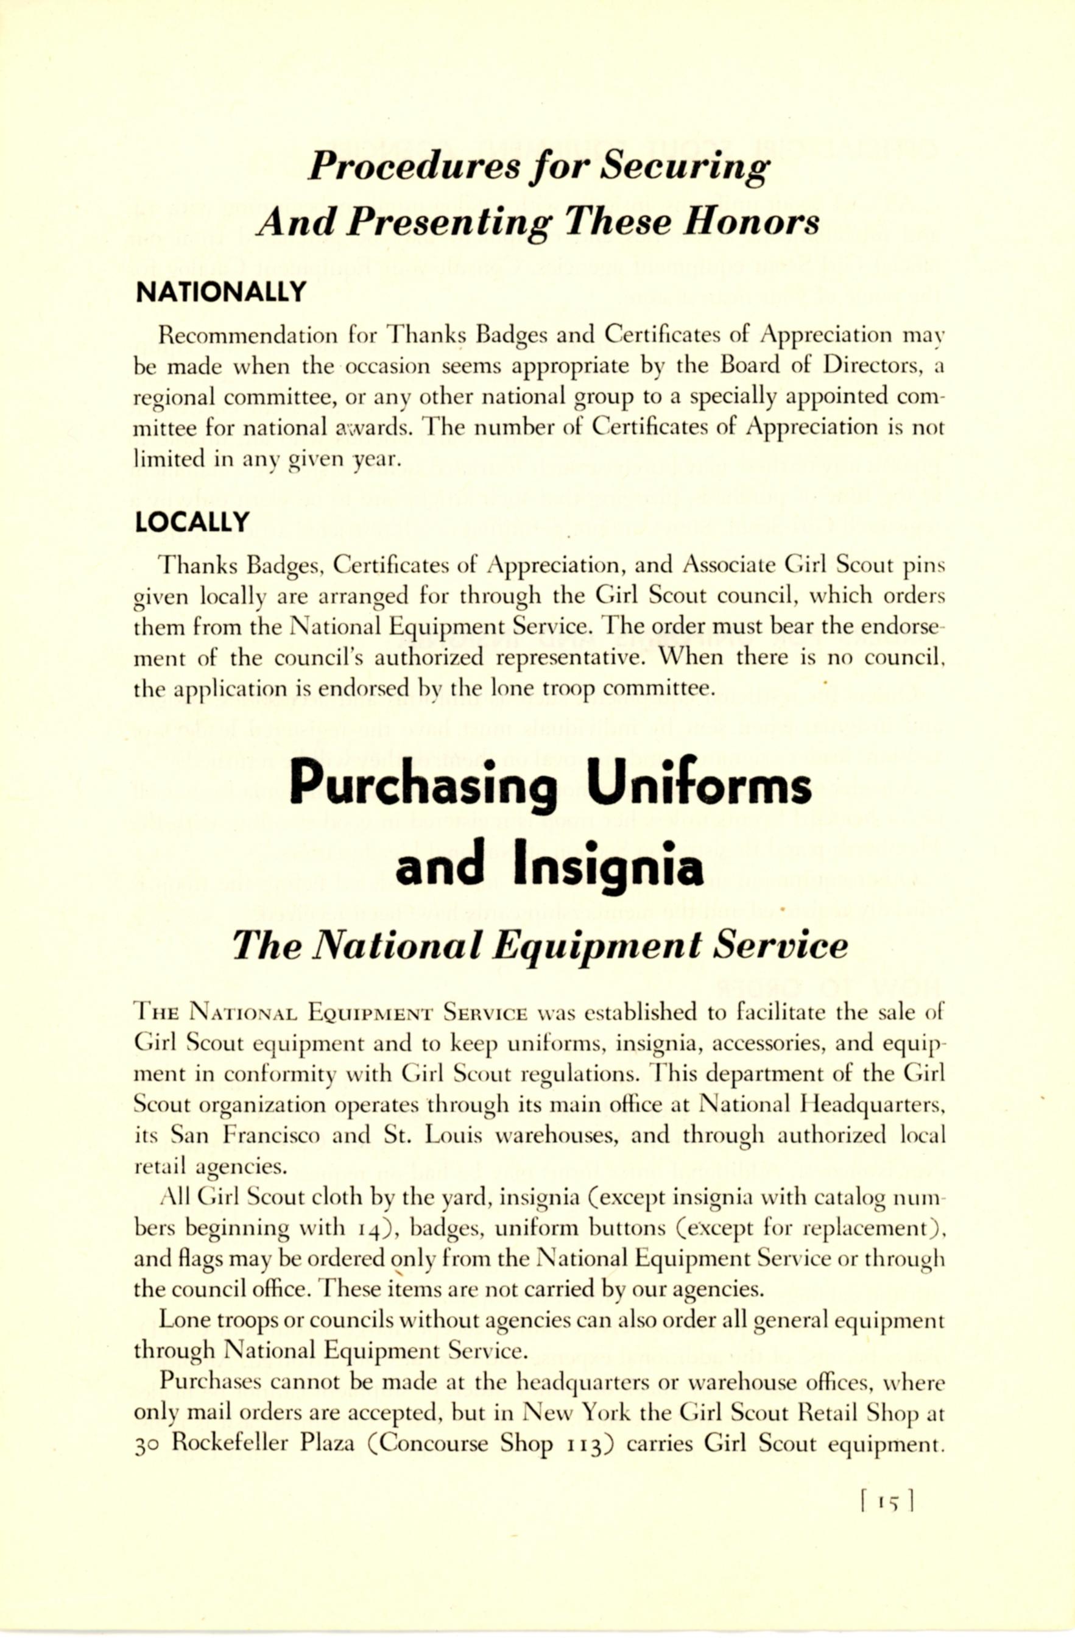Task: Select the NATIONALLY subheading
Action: [x=221, y=292]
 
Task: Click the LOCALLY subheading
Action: [x=192, y=523]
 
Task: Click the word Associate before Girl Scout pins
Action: [x=731, y=565]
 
